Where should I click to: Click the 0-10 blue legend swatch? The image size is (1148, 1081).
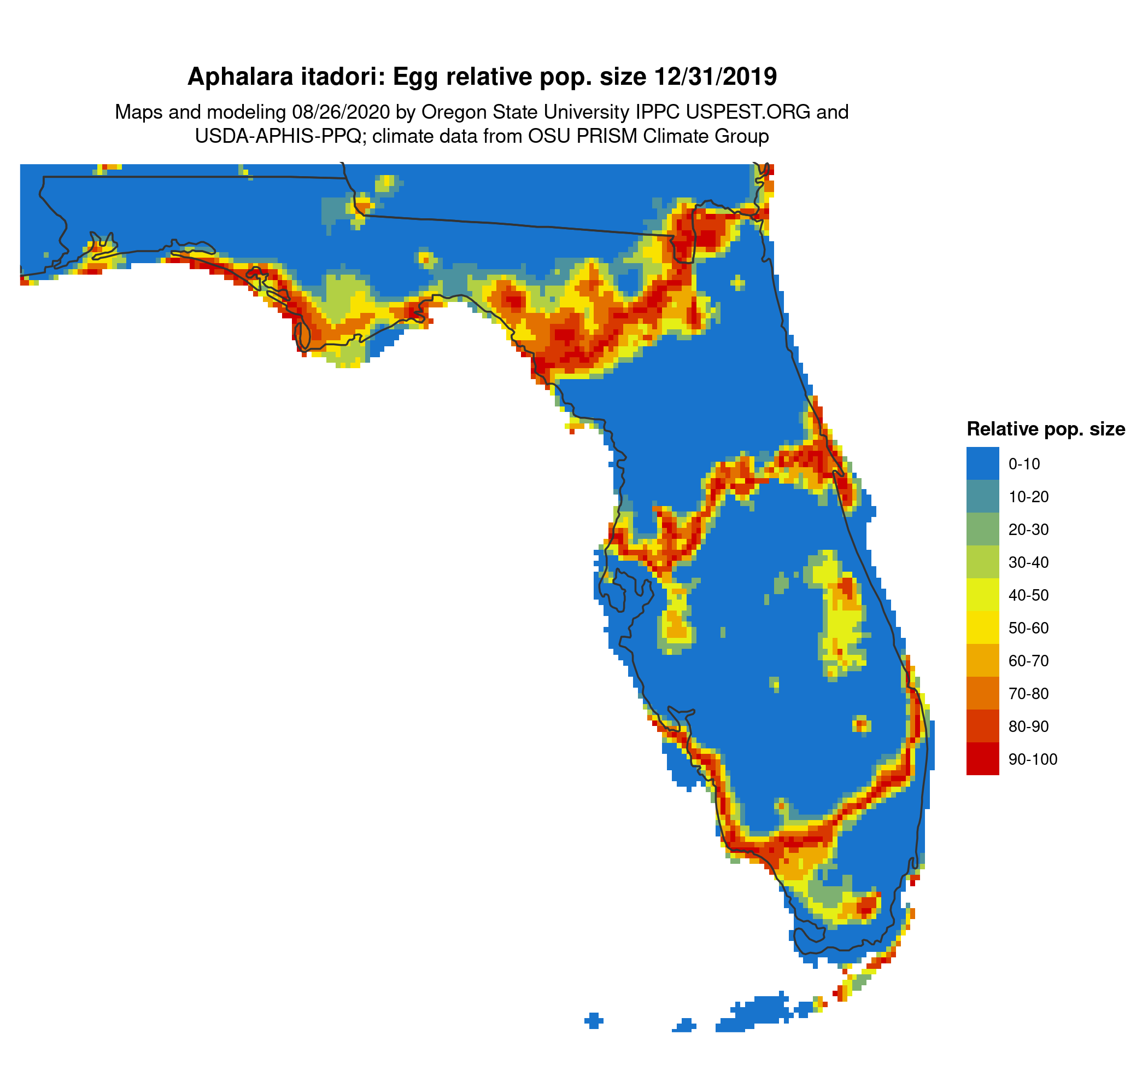[x=982, y=463]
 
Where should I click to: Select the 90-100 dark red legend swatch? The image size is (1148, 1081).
[x=982, y=759]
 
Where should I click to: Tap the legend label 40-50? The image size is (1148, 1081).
[x=1028, y=595]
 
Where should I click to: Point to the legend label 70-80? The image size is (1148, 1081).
[x=1028, y=693]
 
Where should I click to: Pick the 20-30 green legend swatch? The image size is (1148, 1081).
[x=982, y=529]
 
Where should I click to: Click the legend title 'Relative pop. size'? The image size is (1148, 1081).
[x=1046, y=429]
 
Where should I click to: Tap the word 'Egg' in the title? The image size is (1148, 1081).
[x=416, y=77]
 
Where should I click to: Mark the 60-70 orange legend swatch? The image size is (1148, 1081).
[x=982, y=660]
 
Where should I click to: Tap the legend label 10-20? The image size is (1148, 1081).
[x=1028, y=496]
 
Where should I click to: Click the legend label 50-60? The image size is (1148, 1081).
[x=1028, y=628]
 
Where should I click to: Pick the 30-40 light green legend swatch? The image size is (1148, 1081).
[x=982, y=562]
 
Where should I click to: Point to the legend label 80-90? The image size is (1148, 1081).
[x=1028, y=727]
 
